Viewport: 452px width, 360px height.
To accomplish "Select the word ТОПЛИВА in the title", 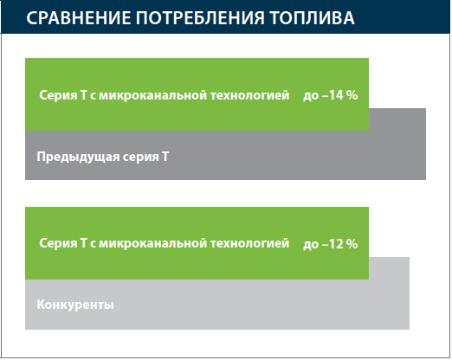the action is pyautogui.click(x=312, y=18).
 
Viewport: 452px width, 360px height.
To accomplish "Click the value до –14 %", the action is pyautogui.click(x=331, y=95).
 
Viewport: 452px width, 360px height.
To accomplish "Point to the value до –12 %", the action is pyautogui.click(x=331, y=244).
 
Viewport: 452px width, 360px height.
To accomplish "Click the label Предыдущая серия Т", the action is pyautogui.click(x=103, y=157).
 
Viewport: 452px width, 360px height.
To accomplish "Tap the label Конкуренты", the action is pyautogui.click(x=75, y=305).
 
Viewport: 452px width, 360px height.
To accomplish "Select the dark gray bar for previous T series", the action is pyautogui.click(x=225, y=155).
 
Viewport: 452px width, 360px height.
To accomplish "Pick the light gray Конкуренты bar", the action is pyautogui.click(x=217, y=305).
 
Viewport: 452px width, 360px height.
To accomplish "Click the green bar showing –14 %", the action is pyautogui.click(x=197, y=94).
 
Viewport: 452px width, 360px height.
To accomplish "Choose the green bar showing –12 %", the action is pyautogui.click(x=197, y=243).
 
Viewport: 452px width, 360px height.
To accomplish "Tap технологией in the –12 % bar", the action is pyautogui.click(x=249, y=243).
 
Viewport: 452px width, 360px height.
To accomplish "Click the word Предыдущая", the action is pyautogui.click(x=78, y=157).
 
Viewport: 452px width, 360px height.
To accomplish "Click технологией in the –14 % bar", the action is pyautogui.click(x=249, y=95).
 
